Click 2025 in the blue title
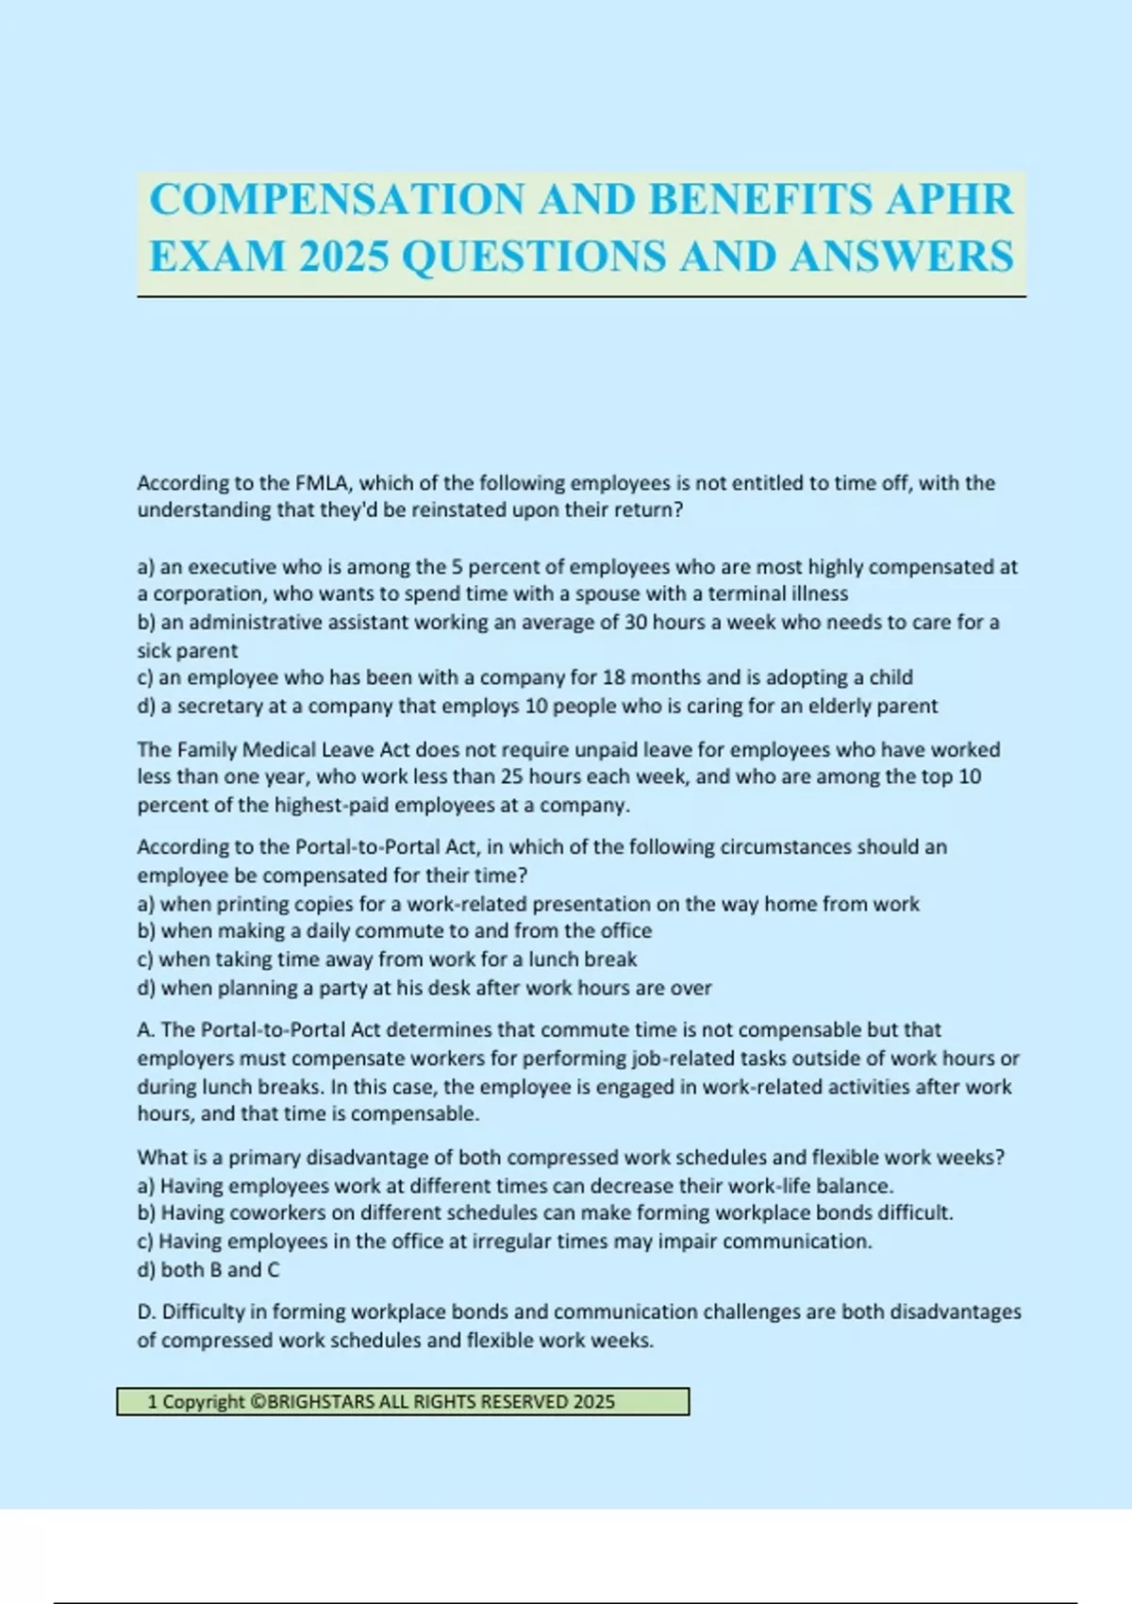(344, 257)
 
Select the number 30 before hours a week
(637, 623)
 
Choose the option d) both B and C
(208, 1270)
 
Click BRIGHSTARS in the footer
(321, 1402)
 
